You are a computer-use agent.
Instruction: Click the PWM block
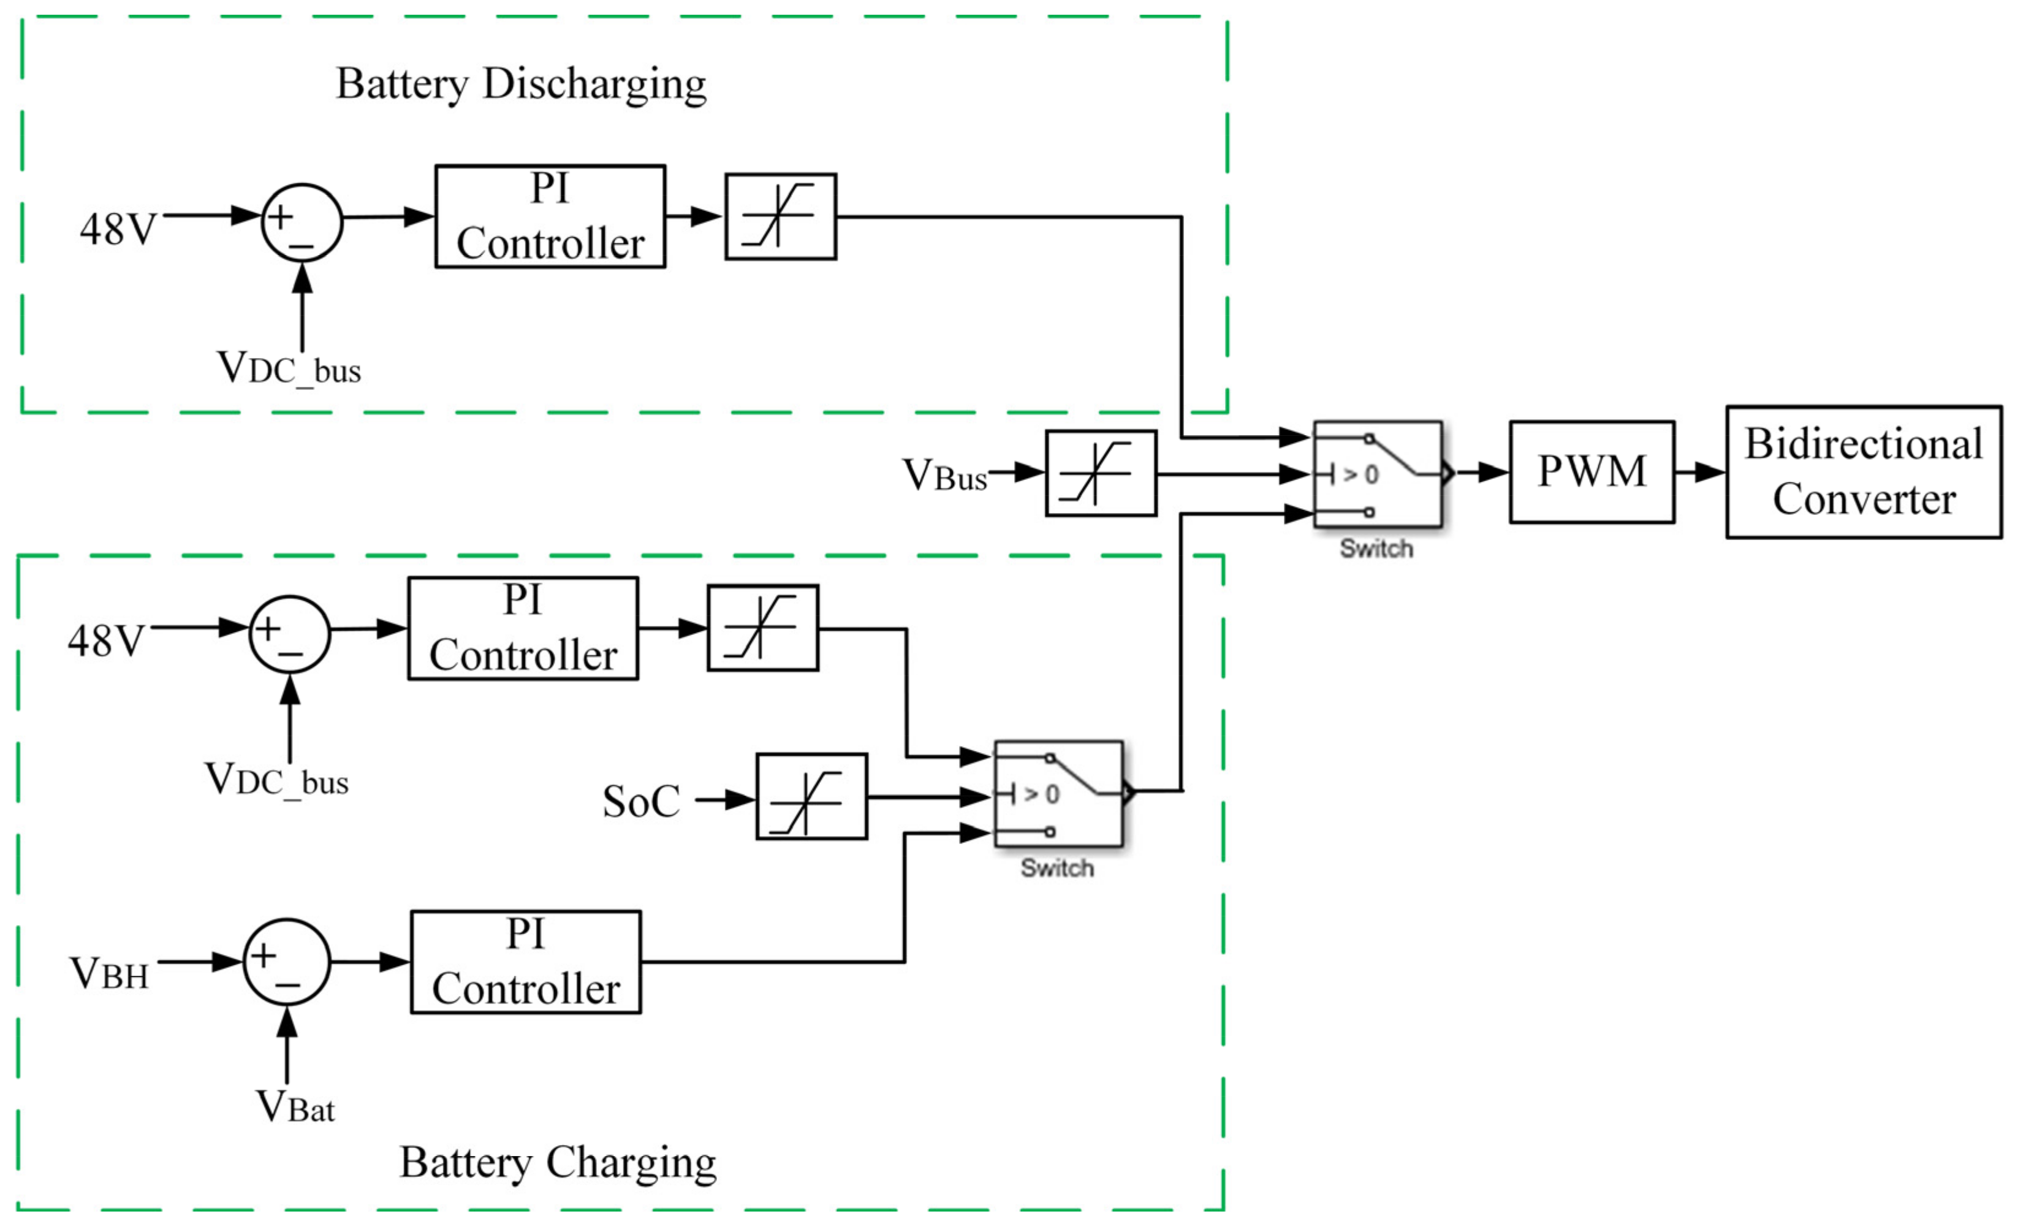click(x=1591, y=472)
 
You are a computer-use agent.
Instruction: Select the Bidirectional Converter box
click(x=1863, y=472)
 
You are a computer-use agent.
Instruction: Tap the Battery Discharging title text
click(x=521, y=85)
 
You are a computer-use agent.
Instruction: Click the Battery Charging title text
click(x=557, y=1163)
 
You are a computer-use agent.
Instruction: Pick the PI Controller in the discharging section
click(x=550, y=216)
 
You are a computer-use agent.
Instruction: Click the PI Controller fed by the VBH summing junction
click(x=525, y=962)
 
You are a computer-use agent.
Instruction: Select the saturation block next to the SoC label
click(x=811, y=796)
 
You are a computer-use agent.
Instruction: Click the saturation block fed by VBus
click(x=1101, y=474)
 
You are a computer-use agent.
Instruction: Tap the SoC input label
click(x=641, y=801)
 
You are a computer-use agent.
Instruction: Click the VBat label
click(x=295, y=1108)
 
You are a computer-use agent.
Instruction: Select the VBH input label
click(x=109, y=974)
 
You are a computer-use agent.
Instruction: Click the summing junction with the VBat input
click(x=287, y=962)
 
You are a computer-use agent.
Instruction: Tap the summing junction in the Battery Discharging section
click(x=302, y=222)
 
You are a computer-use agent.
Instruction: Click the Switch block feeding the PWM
click(x=1378, y=474)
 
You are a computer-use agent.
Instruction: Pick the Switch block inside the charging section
click(x=1058, y=794)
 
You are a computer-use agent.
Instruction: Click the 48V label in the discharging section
click(x=117, y=229)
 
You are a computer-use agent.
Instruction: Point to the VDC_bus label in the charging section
click(x=276, y=780)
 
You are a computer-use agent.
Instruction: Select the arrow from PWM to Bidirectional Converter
click(x=1699, y=472)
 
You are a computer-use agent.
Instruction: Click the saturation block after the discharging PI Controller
click(x=781, y=216)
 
